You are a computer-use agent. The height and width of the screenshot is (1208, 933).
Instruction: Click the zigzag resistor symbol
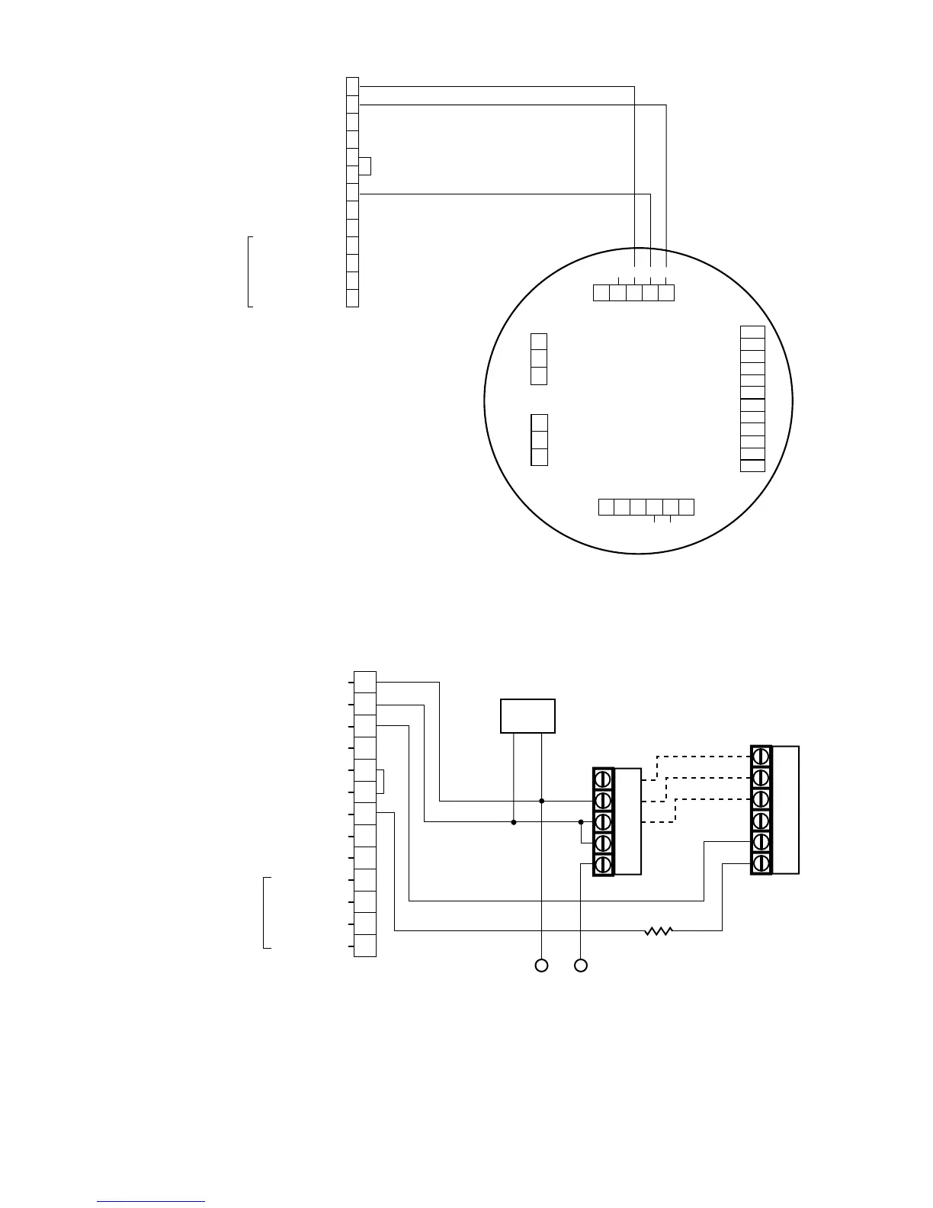(658, 930)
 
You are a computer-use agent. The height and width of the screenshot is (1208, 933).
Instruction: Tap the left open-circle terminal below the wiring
(541, 965)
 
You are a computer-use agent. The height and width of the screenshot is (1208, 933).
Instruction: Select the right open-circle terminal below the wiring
(581, 965)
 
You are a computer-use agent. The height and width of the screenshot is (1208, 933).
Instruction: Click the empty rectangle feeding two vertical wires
(527, 715)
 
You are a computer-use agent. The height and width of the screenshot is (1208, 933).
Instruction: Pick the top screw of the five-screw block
(603, 779)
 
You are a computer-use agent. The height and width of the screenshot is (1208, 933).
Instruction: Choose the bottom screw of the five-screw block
(603, 864)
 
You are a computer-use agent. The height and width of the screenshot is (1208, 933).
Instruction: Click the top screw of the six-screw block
(761, 756)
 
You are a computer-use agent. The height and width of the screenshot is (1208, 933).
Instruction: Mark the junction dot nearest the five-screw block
(581, 822)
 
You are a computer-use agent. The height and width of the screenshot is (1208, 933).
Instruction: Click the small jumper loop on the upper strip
(367, 166)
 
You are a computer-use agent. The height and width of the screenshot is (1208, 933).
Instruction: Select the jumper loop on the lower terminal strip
(380, 782)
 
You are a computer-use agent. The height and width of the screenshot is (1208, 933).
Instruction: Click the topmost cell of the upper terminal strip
(352, 85)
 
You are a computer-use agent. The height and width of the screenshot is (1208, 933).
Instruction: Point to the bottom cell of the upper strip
(352, 298)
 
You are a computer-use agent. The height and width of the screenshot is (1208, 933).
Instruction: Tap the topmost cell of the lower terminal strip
(365, 682)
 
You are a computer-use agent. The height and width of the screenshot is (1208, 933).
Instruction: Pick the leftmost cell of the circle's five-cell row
(601, 292)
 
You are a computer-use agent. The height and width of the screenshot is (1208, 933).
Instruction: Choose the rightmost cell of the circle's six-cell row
(686, 506)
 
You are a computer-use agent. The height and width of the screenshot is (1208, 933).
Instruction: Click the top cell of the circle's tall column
(752, 332)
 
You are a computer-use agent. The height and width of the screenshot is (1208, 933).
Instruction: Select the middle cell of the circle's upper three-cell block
(539, 358)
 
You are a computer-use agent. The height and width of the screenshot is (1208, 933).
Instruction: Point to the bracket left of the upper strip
(248, 271)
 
